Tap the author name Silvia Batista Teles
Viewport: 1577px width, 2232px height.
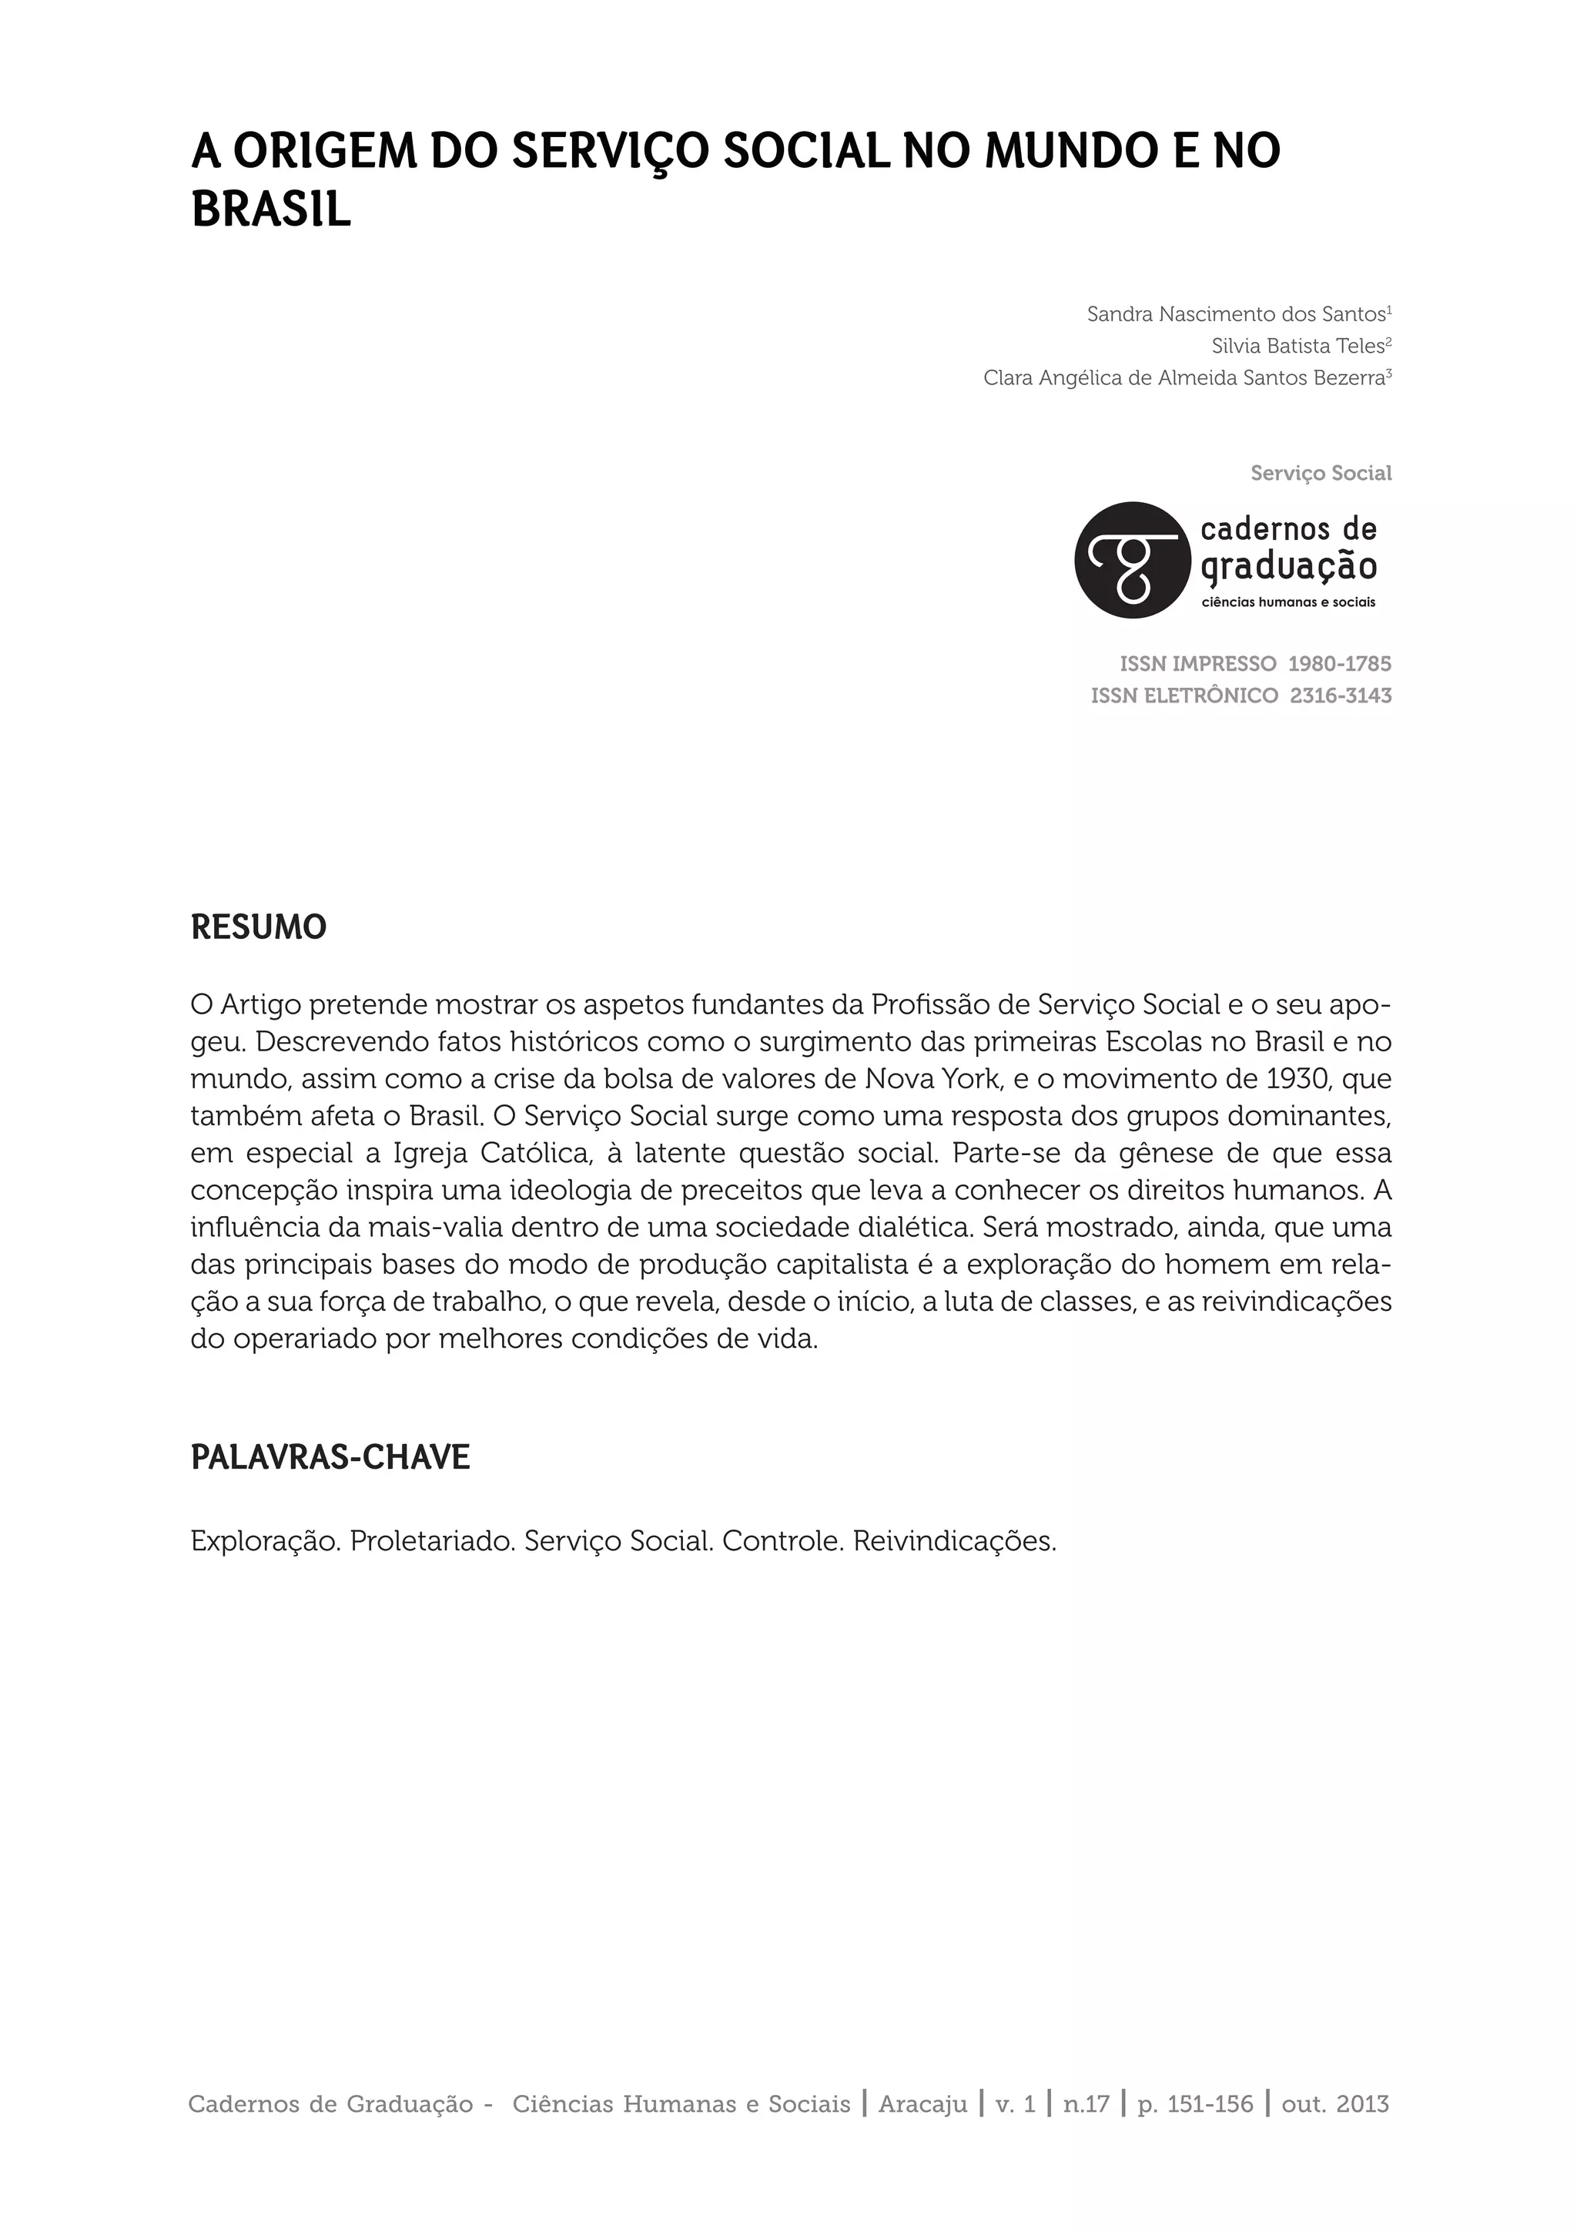[1297, 346]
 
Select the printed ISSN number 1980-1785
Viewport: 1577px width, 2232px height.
[1339, 664]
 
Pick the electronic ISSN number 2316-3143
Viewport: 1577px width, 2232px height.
[1340, 696]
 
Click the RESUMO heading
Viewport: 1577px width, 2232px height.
[259, 928]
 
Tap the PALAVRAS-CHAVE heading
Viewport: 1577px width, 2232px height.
[330, 1457]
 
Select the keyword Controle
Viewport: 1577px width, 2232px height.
[783, 1542]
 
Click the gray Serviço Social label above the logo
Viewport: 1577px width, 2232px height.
[1321, 474]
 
